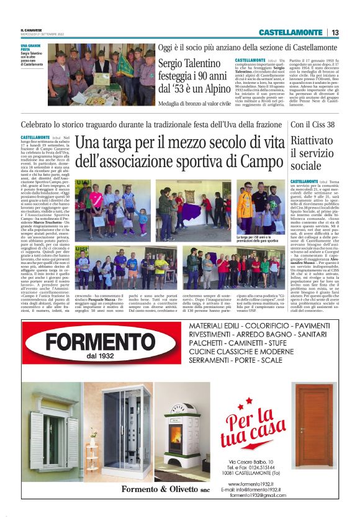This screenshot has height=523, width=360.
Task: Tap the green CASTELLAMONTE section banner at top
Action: (x=290, y=32)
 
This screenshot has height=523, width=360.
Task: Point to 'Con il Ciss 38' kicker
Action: (x=313, y=124)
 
